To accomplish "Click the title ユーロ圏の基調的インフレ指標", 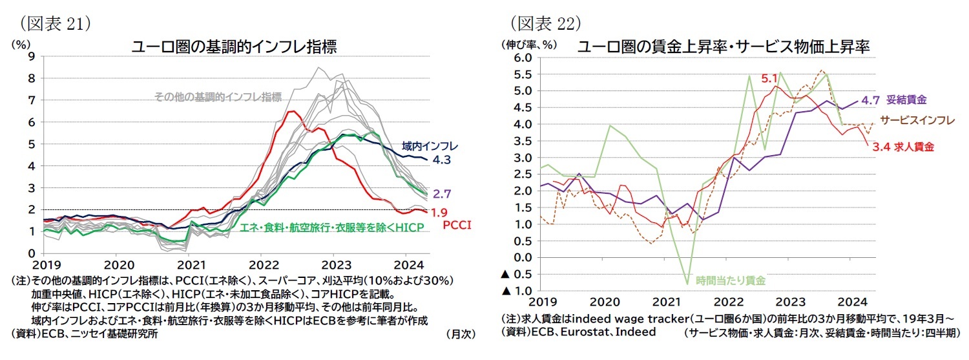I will point(234,47).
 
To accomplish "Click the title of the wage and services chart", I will point(723,47).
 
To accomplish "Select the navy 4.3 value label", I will point(441,159).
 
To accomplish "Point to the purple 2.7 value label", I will point(441,193).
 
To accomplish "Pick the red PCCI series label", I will point(457,225).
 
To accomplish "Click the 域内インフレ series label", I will point(421,145).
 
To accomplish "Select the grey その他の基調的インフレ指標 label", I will point(218,97).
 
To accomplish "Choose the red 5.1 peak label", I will point(768,78).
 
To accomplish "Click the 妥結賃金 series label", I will point(907,100).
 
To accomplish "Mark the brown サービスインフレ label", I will point(917,120).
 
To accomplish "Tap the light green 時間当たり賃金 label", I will point(731,281).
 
